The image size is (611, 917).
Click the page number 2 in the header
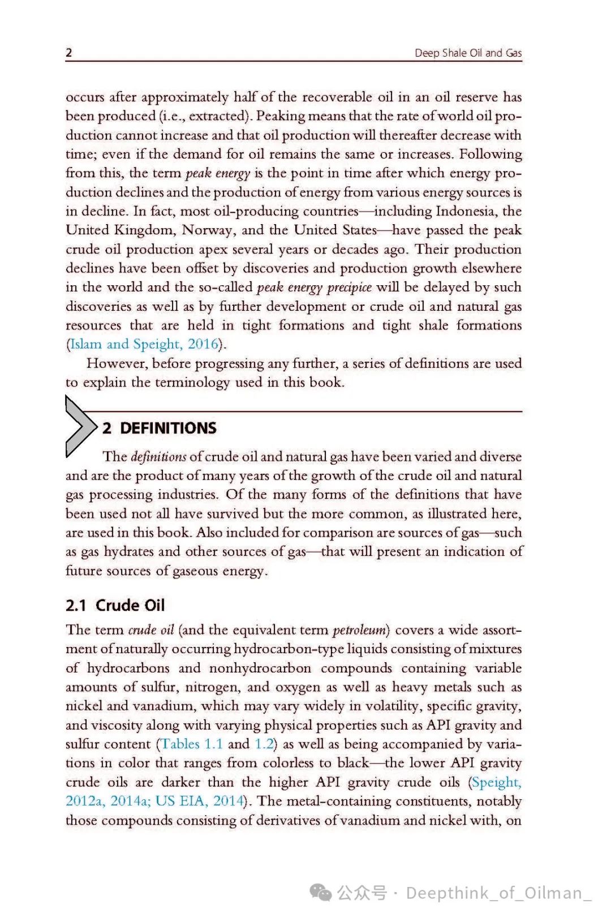(69, 53)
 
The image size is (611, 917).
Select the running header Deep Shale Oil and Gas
(468, 53)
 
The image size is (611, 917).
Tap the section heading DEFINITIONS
(168, 428)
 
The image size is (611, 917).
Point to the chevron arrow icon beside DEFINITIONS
(80, 426)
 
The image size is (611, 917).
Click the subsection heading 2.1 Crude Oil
(115, 605)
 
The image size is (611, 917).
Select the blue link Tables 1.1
(192, 744)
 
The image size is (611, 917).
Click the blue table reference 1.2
(264, 744)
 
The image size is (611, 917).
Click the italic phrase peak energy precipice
(314, 287)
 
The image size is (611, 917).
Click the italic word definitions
(158, 456)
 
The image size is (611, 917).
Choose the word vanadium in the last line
(354, 820)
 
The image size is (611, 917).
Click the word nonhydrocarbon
(260, 668)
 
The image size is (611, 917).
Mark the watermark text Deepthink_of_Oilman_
(498, 893)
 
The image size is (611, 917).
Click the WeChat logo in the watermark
(321, 893)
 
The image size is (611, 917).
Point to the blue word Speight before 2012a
(496, 782)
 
